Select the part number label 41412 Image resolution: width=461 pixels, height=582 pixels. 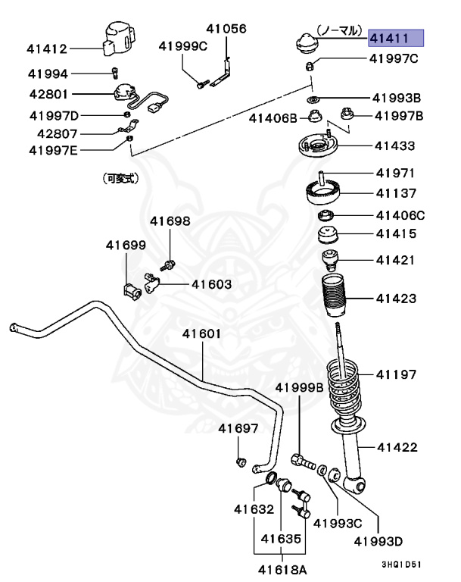47,49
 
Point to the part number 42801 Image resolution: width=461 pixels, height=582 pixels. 48,95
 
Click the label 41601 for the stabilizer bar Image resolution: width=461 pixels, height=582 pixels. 201,333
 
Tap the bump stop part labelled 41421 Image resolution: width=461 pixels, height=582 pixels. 331,259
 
